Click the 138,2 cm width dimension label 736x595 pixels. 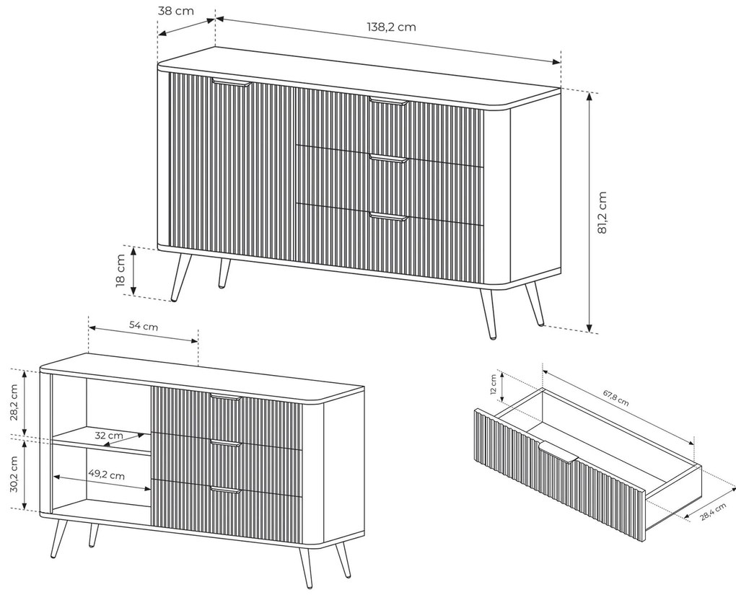point(391,27)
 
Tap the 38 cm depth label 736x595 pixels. point(175,10)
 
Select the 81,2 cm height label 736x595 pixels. point(603,212)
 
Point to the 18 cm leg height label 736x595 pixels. point(121,270)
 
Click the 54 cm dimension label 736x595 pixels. point(144,325)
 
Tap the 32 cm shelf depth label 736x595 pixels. point(109,436)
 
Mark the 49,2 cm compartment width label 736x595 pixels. point(107,475)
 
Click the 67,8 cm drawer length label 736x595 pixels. point(615,397)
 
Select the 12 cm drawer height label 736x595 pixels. point(494,384)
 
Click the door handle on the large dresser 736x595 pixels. point(232,83)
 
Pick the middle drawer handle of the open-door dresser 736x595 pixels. point(226,443)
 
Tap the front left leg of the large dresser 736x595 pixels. point(181,278)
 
